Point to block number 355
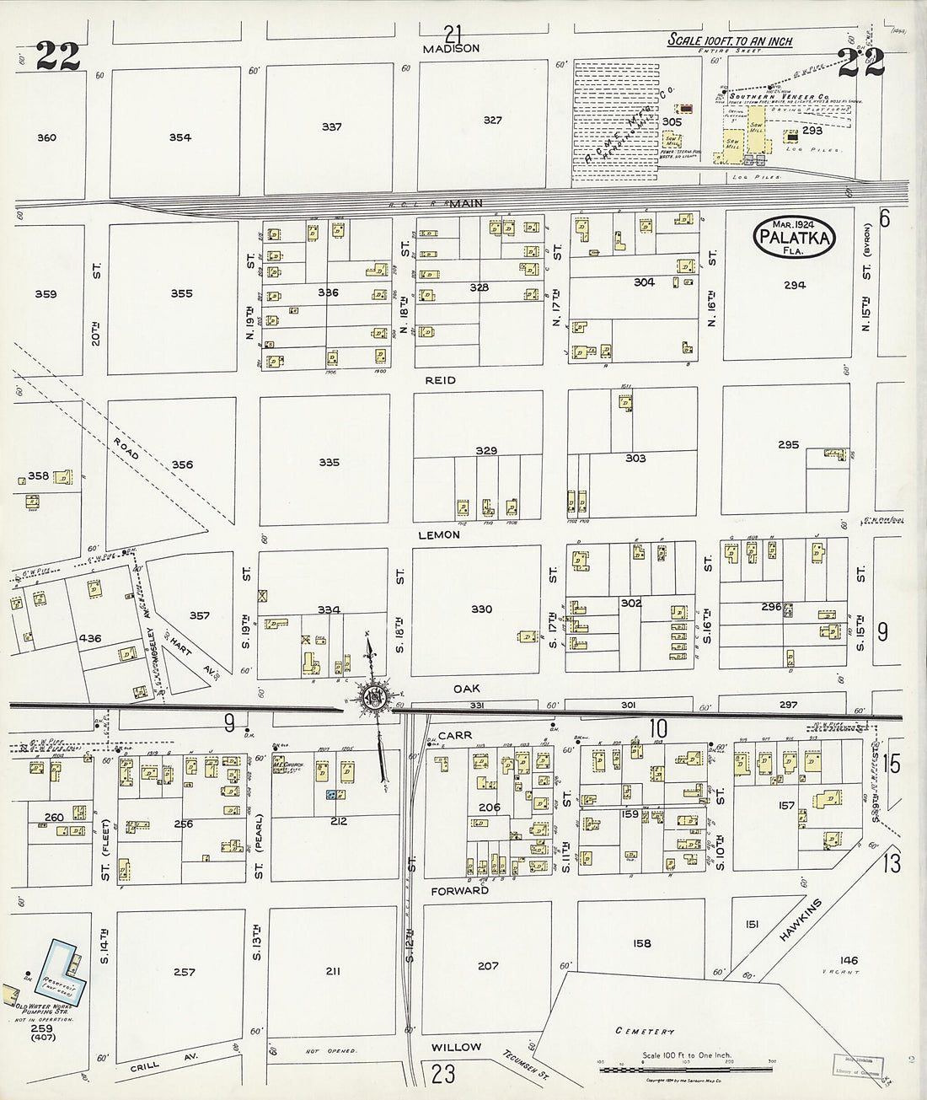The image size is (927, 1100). [181, 293]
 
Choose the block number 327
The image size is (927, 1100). [492, 120]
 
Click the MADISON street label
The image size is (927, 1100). [452, 49]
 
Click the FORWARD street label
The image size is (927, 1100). [460, 890]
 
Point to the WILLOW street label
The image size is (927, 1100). [456, 1047]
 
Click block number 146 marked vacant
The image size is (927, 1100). [849, 960]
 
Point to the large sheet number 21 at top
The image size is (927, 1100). [453, 34]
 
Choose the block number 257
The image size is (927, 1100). [185, 972]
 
